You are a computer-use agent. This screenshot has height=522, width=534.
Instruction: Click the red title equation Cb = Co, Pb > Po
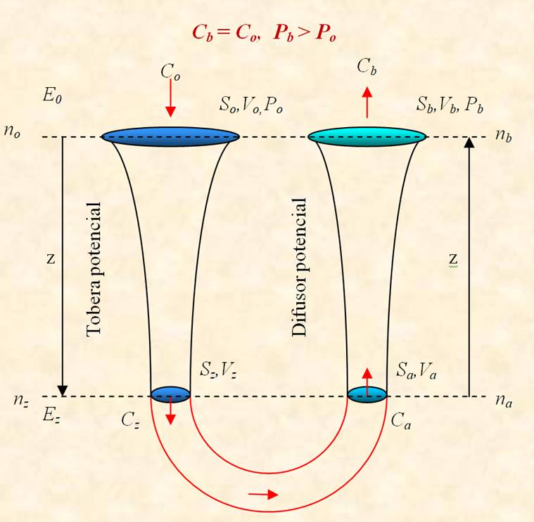pos(265,33)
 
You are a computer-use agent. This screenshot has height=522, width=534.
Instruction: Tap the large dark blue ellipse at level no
pos(170,137)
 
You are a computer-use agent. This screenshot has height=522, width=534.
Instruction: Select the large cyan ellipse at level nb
pos(367,137)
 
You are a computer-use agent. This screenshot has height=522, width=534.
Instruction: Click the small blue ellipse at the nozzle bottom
pos(170,394)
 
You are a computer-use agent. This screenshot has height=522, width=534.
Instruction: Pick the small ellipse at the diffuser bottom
pos(367,394)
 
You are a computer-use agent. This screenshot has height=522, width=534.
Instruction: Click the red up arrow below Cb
pos(367,103)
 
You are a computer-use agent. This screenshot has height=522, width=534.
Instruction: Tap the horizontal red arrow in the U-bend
pos(263,494)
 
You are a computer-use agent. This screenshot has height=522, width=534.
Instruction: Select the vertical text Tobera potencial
pos(94,270)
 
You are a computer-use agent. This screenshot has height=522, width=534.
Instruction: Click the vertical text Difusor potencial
pos(300,267)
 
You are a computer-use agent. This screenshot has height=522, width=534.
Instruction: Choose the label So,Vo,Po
pos(251,105)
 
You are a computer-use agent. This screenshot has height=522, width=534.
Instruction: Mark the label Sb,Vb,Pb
pos(450,105)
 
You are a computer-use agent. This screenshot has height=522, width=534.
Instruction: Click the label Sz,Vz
pos(218,370)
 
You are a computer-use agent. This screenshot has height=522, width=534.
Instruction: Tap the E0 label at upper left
pos(52,96)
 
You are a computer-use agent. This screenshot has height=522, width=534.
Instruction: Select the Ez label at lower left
pos(52,415)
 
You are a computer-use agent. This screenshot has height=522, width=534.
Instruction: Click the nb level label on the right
pos(503,136)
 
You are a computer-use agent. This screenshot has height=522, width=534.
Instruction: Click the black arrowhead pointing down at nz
pos(63,391)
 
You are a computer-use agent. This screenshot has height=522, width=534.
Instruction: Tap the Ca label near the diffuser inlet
pos(401,421)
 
